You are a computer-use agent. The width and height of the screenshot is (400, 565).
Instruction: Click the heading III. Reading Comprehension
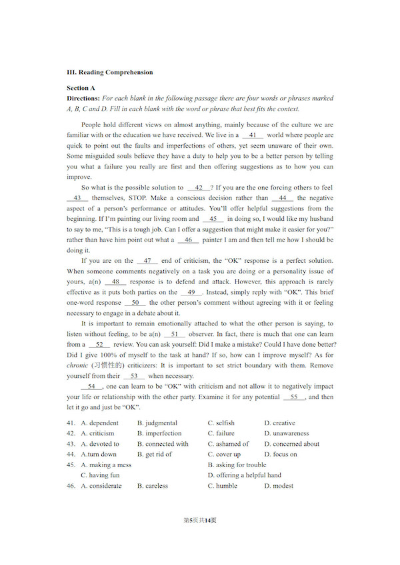tap(109, 73)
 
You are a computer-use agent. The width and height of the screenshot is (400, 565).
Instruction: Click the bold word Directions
tap(83, 98)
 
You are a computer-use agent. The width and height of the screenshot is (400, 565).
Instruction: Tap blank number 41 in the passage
tap(253, 135)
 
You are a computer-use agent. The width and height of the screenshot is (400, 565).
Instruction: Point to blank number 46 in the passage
tap(189, 240)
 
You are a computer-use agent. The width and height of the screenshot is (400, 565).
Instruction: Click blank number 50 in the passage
tap(135, 303)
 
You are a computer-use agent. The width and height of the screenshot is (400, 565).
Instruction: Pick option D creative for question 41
tap(280, 423)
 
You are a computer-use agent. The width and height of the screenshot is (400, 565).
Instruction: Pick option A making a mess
tap(106, 465)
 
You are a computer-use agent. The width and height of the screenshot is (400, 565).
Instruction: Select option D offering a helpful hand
tap(245, 475)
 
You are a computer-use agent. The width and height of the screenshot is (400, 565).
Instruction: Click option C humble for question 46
tap(223, 486)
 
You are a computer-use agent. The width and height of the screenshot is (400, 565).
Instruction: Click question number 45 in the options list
tap(71, 465)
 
